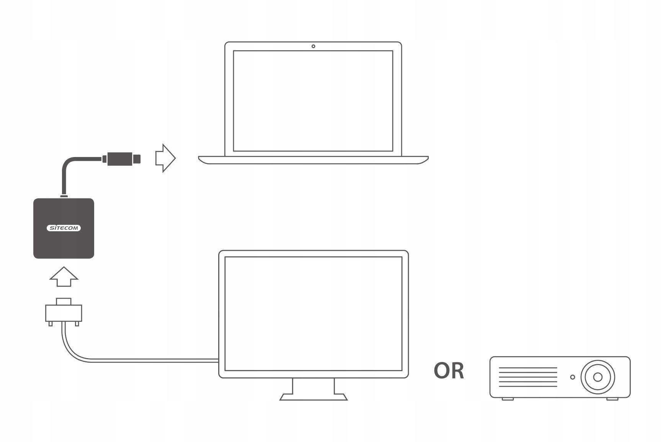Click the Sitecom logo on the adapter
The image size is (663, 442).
tap(64, 228)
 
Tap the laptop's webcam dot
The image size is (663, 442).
tap(313, 46)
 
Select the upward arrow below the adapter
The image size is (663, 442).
tap(64, 277)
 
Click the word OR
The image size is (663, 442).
tap(449, 371)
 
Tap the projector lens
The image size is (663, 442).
tap(597, 377)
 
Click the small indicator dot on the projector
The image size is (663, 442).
tap(572, 377)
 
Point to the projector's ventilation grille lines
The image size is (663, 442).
tap(528, 377)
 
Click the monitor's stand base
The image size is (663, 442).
tap(314, 397)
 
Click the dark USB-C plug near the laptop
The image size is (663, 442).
tap(121, 158)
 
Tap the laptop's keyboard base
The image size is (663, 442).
tap(313, 160)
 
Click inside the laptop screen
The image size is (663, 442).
tap(313, 101)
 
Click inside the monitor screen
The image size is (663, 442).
tap(313, 314)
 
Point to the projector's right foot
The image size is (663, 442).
tap(612, 399)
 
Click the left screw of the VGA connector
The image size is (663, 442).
tap(51, 324)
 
